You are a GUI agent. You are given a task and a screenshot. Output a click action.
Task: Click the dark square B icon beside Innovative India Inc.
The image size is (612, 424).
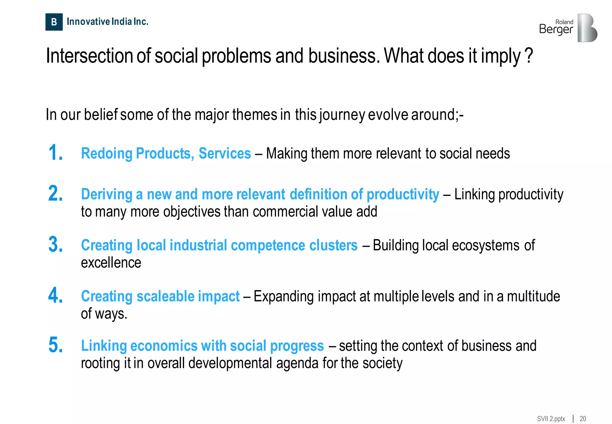(x=54, y=22)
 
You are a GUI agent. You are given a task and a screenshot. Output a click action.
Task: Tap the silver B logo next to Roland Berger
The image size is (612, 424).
(x=587, y=28)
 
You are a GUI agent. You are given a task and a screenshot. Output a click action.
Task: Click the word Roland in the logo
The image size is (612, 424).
(x=564, y=22)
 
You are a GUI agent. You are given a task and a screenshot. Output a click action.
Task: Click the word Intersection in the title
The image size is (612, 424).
(x=89, y=56)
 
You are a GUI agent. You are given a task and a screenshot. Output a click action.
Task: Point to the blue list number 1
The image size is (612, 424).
(x=56, y=153)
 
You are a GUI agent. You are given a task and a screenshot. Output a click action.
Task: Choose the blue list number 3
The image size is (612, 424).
(x=56, y=244)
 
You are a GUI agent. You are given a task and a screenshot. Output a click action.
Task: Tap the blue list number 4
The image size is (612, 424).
(x=56, y=295)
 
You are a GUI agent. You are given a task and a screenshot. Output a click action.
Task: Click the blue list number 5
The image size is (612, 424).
(x=56, y=345)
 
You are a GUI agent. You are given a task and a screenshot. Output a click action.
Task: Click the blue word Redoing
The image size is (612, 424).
(x=106, y=154)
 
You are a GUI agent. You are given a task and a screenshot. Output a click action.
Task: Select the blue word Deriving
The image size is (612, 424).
(x=106, y=195)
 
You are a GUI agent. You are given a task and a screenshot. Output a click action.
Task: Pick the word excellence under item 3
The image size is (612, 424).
(x=111, y=263)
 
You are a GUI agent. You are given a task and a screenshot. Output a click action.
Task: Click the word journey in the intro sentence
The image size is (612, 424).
(x=342, y=115)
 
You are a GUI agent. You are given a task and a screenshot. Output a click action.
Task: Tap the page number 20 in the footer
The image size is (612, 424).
(x=583, y=419)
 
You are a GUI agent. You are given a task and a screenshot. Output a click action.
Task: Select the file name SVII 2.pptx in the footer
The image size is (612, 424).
(x=551, y=419)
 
